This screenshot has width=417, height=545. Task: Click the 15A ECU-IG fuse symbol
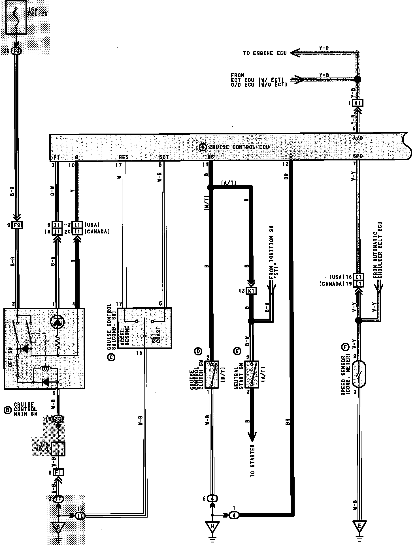point(16,18)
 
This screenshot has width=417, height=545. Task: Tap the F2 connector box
point(18,225)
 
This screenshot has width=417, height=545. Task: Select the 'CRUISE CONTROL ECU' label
point(239,147)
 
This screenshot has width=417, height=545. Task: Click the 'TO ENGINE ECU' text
point(265,53)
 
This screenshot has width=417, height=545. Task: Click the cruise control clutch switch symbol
point(212,374)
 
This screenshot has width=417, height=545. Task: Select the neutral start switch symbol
point(252,374)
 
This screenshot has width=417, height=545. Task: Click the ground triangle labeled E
point(359,526)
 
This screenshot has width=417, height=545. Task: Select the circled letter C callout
point(111,357)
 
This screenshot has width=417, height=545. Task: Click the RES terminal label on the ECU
point(124,157)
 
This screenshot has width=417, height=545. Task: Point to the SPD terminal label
point(358,156)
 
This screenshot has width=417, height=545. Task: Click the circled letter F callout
point(344,347)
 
